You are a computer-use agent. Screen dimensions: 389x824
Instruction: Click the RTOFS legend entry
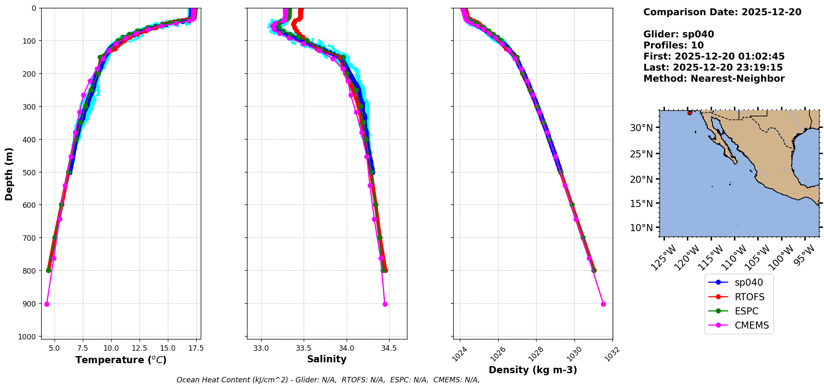pos(749,297)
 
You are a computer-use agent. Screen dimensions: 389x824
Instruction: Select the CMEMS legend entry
pos(751,325)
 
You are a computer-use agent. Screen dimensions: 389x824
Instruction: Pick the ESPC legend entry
pos(746,311)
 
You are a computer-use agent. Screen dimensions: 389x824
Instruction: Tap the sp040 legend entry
pos(749,282)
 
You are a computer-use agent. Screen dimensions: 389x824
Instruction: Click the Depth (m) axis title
pos(9,174)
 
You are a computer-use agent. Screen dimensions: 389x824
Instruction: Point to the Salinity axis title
pos(327,359)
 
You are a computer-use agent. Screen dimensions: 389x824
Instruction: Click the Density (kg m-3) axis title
pos(533,370)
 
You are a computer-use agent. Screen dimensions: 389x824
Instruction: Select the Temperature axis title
pos(121,360)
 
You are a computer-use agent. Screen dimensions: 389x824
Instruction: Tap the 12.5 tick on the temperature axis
pos(139,348)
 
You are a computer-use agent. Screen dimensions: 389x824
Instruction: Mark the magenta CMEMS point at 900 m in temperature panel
pos(47,304)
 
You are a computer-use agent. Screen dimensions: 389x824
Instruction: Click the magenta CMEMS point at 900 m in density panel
pos(603,304)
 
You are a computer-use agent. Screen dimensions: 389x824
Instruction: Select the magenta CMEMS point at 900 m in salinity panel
pos(385,304)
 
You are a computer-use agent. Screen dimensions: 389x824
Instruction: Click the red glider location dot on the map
pos(689,113)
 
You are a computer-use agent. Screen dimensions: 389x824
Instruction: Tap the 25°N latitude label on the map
pos(641,154)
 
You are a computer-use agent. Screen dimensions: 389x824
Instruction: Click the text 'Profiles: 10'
pos(673,45)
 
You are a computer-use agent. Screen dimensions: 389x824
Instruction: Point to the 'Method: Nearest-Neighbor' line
pos(714,79)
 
